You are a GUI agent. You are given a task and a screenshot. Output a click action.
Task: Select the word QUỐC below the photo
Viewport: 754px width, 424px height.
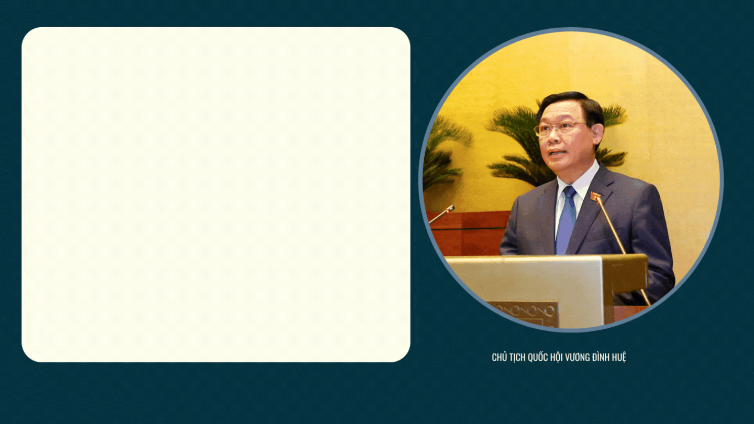pyautogui.click(x=538, y=357)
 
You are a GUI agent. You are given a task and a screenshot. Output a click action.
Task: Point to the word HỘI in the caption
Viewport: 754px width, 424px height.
pyautogui.click(x=557, y=357)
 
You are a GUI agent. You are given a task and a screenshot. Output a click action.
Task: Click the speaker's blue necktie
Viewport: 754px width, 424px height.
pyautogui.click(x=567, y=220)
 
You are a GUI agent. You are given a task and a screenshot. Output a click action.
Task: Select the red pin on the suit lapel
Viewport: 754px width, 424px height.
pyautogui.click(x=595, y=195)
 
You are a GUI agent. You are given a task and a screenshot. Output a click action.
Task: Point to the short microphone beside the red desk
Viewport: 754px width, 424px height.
pyautogui.click(x=441, y=215)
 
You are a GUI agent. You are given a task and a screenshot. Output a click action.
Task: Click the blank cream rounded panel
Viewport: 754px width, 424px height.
pyautogui.click(x=216, y=195)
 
